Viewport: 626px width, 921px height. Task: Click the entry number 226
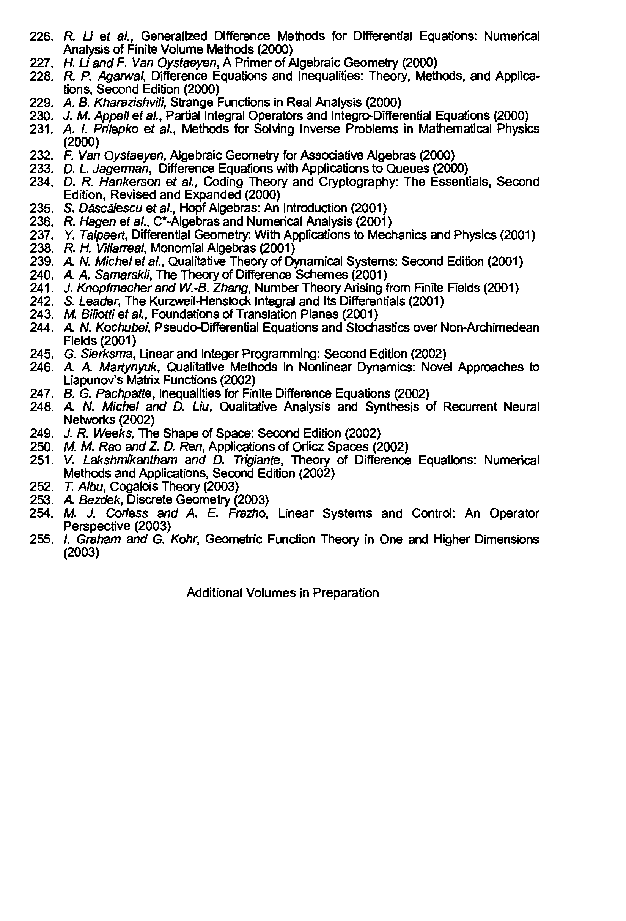pos(41,37)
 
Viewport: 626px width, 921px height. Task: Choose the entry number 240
pos(41,275)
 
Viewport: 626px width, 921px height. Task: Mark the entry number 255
pos(41,539)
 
